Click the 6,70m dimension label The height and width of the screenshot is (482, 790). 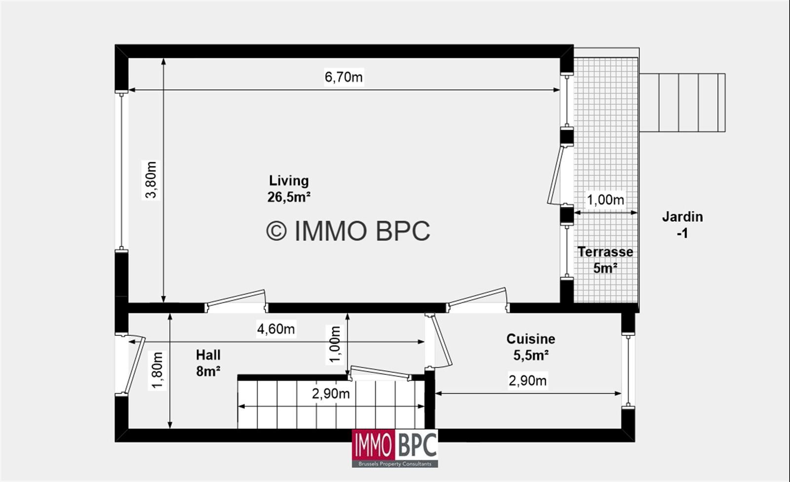point(344,77)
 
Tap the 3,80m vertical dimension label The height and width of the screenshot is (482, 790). point(151,180)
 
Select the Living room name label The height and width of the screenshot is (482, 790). point(289,181)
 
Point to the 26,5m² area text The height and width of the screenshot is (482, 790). point(289,197)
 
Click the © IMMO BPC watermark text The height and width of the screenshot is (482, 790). point(348,231)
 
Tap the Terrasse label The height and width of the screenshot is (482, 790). point(605,252)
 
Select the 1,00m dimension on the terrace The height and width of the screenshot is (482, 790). point(605,200)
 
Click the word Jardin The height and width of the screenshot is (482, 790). point(683,217)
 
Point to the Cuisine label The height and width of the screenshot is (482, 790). point(531,339)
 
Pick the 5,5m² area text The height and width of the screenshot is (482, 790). point(531,355)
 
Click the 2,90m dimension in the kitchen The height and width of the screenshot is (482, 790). point(528,381)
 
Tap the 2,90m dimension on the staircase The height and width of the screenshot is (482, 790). point(331,394)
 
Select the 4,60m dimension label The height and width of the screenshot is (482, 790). point(276,329)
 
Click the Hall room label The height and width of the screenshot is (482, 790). point(208,355)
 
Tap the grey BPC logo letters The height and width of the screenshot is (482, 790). point(417,445)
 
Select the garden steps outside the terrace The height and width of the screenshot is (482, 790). point(682,103)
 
